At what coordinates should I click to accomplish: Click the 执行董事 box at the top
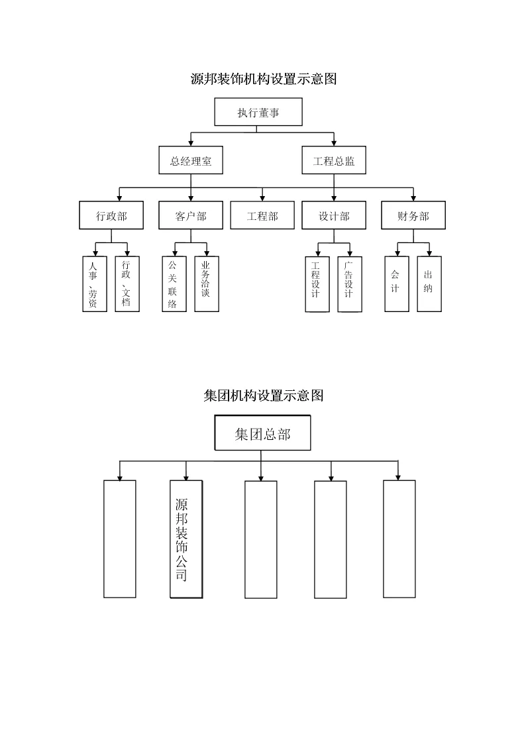tap(258, 112)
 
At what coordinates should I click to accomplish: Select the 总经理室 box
tap(191, 160)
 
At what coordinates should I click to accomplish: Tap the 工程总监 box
tap(334, 160)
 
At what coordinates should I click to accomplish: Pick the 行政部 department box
tap(111, 216)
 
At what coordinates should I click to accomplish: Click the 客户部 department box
tap(191, 216)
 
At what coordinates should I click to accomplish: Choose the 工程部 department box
tap(262, 216)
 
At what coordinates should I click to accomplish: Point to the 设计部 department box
tap(334, 216)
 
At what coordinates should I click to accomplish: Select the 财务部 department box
tap(413, 216)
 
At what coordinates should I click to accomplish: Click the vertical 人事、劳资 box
tap(94, 284)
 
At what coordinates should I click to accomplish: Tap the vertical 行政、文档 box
tap(127, 284)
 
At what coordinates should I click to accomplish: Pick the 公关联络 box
tap(174, 284)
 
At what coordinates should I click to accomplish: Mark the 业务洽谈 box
tap(207, 284)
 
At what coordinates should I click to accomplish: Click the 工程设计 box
tap(317, 284)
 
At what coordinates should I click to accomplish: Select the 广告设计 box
tap(349, 284)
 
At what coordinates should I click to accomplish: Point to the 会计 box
tap(396, 284)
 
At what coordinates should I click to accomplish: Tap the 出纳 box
tap(429, 284)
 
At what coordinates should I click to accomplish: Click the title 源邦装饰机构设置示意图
tap(263, 80)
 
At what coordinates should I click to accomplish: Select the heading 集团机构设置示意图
tap(263, 396)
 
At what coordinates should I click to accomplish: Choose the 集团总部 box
tap(262, 434)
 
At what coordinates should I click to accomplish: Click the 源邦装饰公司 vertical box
tap(185, 539)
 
